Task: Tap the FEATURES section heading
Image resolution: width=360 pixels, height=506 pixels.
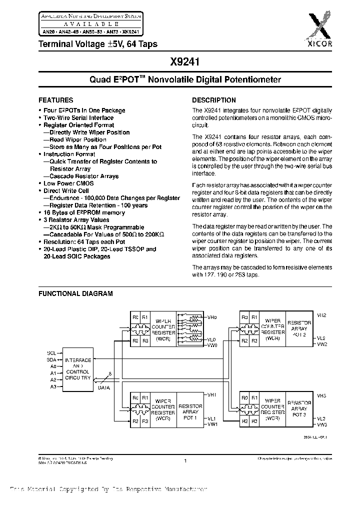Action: click(56, 100)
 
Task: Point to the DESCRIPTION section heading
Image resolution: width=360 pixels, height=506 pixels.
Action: click(214, 100)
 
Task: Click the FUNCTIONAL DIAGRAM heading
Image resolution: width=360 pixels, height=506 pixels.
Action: click(75, 294)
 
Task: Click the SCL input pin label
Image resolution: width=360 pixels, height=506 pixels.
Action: click(51, 353)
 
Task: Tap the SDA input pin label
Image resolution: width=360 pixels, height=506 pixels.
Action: click(51, 359)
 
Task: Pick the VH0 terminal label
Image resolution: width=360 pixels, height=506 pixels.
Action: click(212, 317)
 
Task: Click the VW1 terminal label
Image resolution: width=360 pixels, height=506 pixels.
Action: click(212, 424)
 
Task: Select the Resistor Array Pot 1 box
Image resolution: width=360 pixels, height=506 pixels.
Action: click(190, 412)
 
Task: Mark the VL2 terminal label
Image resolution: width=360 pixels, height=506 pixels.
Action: click(321, 338)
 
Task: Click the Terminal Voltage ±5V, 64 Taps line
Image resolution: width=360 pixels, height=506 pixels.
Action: click(98, 44)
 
